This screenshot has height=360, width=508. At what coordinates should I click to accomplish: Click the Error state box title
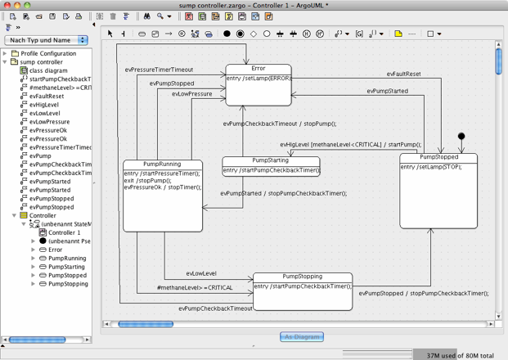(x=258, y=69)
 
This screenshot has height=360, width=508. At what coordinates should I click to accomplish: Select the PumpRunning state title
(x=162, y=164)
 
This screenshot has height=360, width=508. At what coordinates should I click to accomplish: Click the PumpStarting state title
(x=271, y=160)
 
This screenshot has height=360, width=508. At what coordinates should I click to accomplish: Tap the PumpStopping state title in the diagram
(x=302, y=277)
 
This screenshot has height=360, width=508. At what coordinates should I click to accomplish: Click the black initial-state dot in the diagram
(x=461, y=137)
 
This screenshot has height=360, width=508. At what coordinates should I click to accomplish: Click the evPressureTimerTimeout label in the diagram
(x=159, y=70)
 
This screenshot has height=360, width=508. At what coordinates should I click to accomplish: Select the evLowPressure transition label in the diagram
(x=191, y=94)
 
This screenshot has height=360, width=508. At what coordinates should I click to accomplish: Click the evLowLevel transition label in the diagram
(x=200, y=273)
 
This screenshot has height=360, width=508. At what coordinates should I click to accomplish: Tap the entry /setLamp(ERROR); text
(x=258, y=79)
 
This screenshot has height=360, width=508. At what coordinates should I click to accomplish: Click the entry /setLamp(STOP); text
(x=425, y=167)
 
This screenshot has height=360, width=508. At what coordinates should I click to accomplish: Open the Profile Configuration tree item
(x=47, y=53)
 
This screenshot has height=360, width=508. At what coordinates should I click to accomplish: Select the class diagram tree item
(x=48, y=70)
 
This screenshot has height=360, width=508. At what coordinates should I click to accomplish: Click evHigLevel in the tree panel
(x=43, y=105)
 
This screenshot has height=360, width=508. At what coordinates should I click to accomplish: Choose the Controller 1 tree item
(x=64, y=232)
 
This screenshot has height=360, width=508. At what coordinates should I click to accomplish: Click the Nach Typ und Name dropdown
(x=46, y=39)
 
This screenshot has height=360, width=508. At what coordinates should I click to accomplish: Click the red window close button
(x=7, y=5)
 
